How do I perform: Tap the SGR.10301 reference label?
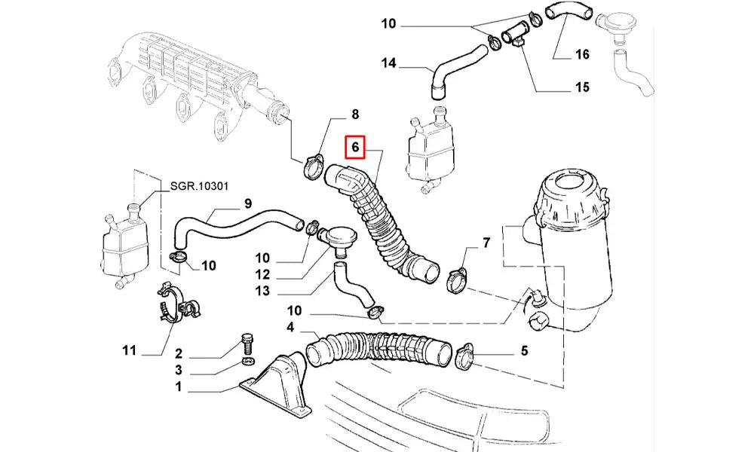[x=198, y=185]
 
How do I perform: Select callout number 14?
[x=389, y=64]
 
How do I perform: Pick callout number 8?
[x=354, y=115]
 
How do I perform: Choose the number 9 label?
[x=247, y=203]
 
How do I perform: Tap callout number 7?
[x=486, y=243]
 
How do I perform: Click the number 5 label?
[x=524, y=350]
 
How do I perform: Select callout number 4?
[x=290, y=327]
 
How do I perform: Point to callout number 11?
[x=129, y=350]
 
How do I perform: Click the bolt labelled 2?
[x=247, y=343]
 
